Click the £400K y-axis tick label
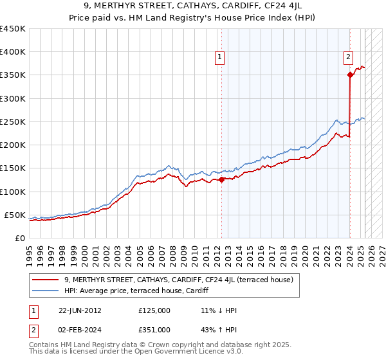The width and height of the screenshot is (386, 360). click(13, 52)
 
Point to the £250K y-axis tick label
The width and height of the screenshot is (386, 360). click(13, 122)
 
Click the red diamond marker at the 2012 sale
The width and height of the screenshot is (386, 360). click(221, 180)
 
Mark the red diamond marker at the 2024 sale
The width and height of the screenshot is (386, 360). click(350, 75)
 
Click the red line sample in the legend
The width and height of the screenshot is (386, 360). click(46, 280)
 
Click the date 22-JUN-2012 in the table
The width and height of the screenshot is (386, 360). click(80, 310)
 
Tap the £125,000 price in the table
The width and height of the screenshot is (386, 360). click(154, 310)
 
